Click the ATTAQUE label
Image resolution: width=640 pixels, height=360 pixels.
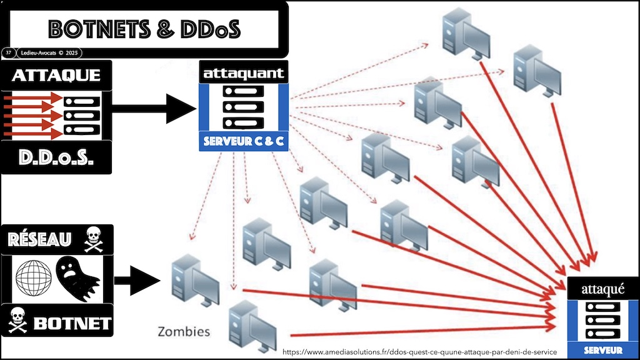57,76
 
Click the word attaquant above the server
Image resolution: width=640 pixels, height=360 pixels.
244,74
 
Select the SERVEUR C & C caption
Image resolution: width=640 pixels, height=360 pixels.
244,142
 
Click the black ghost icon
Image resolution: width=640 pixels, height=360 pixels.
77,276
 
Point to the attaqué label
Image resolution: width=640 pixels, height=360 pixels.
602,289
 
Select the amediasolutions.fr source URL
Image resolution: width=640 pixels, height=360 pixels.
419,352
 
